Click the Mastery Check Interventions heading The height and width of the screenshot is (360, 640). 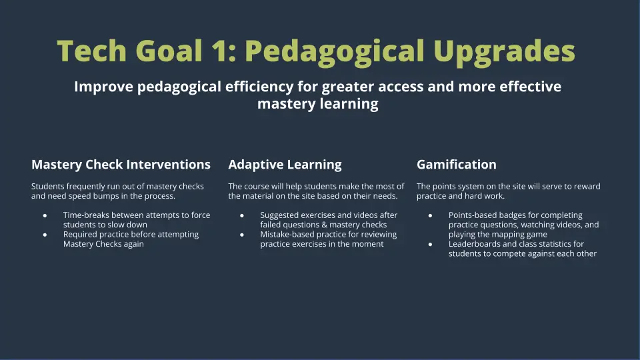click(x=121, y=165)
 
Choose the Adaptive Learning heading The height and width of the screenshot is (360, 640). click(x=285, y=165)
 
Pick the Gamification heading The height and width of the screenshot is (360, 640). click(x=457, y=165)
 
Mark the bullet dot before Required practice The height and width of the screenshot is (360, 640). click(x=45, y=235)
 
